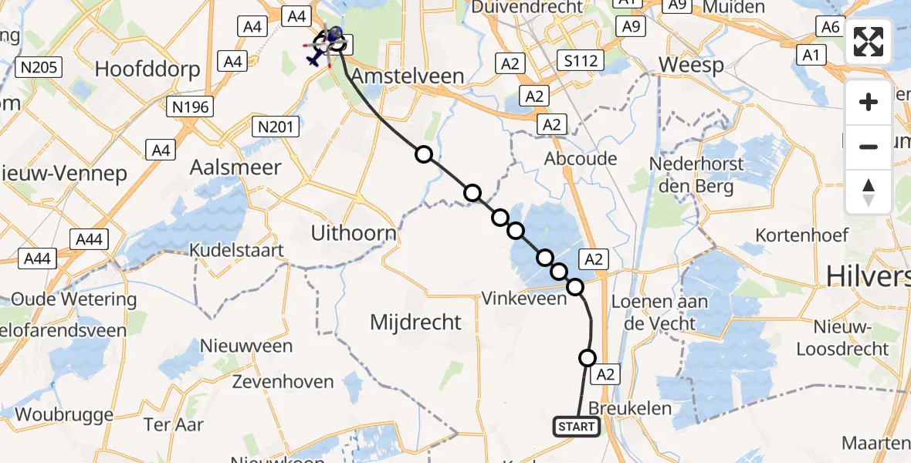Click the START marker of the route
[x=576, y=427]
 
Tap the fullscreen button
[x=869, y=42]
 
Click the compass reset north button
[x=869, y=192]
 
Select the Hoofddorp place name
[x=147, y=69]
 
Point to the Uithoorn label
[x=353, y=233]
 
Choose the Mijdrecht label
[x=415, y=322]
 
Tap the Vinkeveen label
[x=523, y=298]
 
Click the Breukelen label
[x=630, y=407]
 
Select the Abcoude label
[x=581, y=158]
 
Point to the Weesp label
[x=691, y=65]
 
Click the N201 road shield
[x=276, y=127]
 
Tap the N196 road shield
[x=191, y=107]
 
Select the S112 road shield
[x=581, y=60]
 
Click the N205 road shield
[x=39, y=68]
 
